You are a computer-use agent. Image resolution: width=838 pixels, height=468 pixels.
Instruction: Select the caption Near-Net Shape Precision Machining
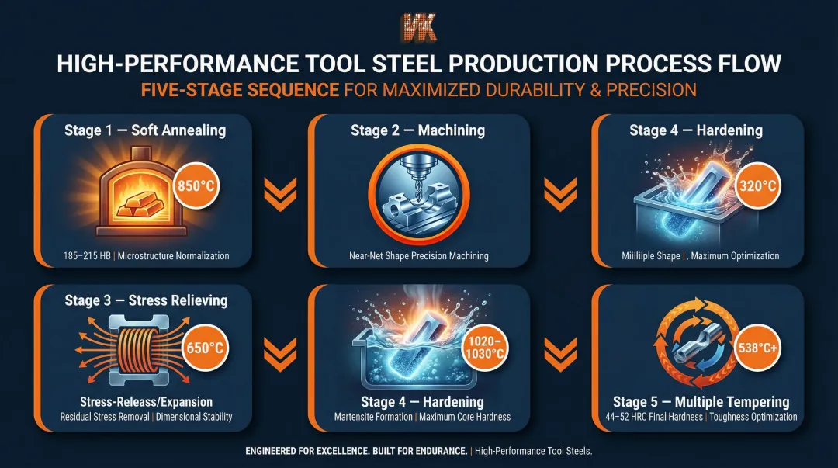pos(418,255)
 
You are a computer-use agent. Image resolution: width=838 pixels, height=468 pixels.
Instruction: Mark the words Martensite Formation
pos(369,417)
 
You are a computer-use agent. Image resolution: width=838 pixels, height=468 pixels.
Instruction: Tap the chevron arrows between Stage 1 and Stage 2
pos(279,191)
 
